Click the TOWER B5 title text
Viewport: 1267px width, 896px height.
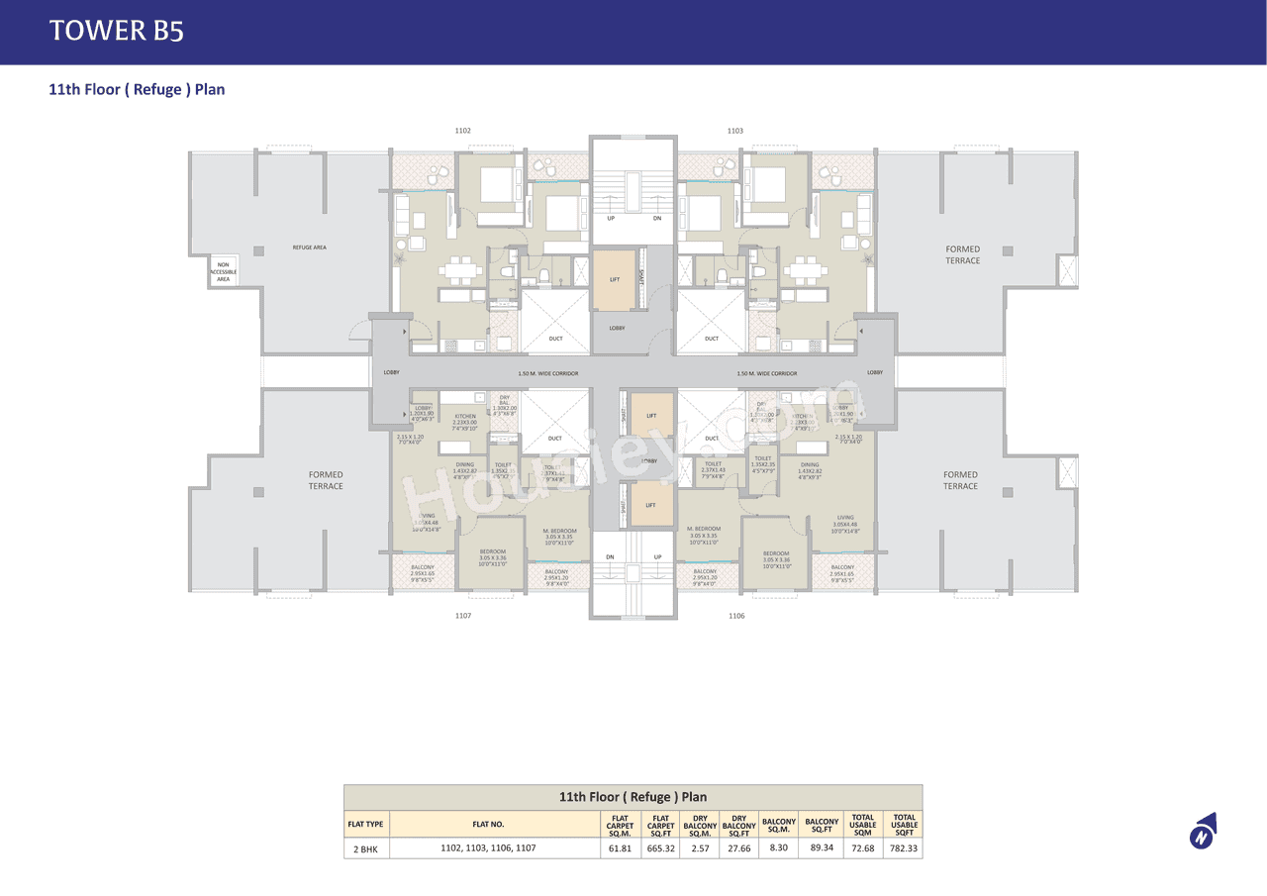117,31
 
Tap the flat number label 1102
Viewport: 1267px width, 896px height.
462,131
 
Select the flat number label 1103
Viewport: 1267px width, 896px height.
735,131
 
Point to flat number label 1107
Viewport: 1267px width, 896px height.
462,616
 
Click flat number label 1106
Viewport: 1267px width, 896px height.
736,616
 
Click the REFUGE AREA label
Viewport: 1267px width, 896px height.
309,248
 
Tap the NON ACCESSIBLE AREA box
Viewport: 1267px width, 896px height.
224,271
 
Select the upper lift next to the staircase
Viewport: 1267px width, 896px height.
614,280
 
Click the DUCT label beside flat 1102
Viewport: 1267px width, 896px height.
555,339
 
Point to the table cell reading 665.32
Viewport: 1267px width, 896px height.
660,848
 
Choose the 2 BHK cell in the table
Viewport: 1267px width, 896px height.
366,848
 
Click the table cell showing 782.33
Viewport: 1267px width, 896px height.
904,848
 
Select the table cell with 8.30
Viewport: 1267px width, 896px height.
779,848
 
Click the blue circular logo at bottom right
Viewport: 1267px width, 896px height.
1202,836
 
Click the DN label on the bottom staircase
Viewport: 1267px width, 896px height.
610,557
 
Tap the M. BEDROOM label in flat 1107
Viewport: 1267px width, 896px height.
559,531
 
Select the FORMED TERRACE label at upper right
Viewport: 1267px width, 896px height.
962,254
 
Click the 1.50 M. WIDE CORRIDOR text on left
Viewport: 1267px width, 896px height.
547,373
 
